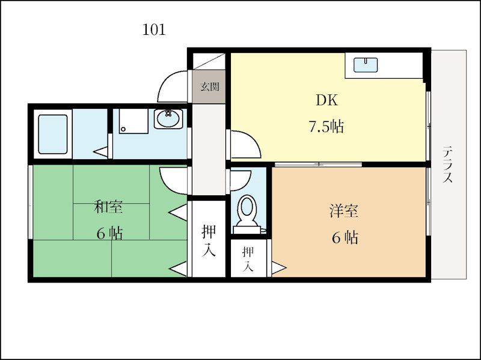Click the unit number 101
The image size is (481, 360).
[154, 29]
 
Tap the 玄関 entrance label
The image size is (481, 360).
[210, 87]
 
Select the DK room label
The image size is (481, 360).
[327, 100]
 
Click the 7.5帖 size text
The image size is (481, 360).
[326, 126]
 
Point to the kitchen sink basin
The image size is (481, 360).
[366, 65]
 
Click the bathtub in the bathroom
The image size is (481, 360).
[53, 134]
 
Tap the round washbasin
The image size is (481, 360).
[168, 118]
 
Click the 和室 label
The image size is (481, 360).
[108, 206]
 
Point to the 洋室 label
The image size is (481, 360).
[344, 211]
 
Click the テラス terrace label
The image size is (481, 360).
[447, 165]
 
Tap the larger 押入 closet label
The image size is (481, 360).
[209, 240]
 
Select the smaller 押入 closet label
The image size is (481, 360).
[248, 259]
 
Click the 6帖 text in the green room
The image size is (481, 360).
[110, 234]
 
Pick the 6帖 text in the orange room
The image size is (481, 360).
[345, 237]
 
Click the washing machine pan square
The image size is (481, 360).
[133, 121]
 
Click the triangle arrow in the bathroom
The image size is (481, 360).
[100, 152]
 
